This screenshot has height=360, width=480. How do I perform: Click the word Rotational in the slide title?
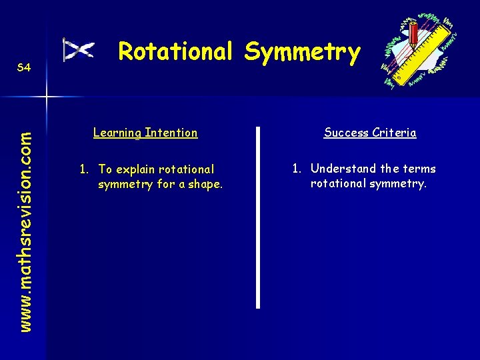pyautogui.click(x=175, y=52)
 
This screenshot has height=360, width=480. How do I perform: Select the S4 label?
pyautogui.click(x=23, y=68)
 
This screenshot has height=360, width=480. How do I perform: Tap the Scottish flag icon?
pyautogui.click(x=79, y=50)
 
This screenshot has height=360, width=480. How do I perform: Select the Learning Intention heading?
pyautogui.click(x=145, y=133)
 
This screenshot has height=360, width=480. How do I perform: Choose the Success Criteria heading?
pyautogui.click(x=370, y=133)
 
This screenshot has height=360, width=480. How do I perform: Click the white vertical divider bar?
pyautogui.click(x=258, y=217)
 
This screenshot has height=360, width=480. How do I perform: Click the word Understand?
pyautogui.click(x=343, y=169)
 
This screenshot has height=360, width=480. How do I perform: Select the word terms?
pyautogui.click(x=419, y=169)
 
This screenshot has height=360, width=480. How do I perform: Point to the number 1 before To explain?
pyautogui.click(x=83, y=169)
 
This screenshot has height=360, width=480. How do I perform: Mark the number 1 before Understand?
pyautogui.click(x=295, y=169)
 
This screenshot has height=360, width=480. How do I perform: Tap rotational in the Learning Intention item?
pyautogui.click(x=187, y=169)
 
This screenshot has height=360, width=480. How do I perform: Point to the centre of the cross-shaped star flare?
pyautogui.click(x=46, y=97)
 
